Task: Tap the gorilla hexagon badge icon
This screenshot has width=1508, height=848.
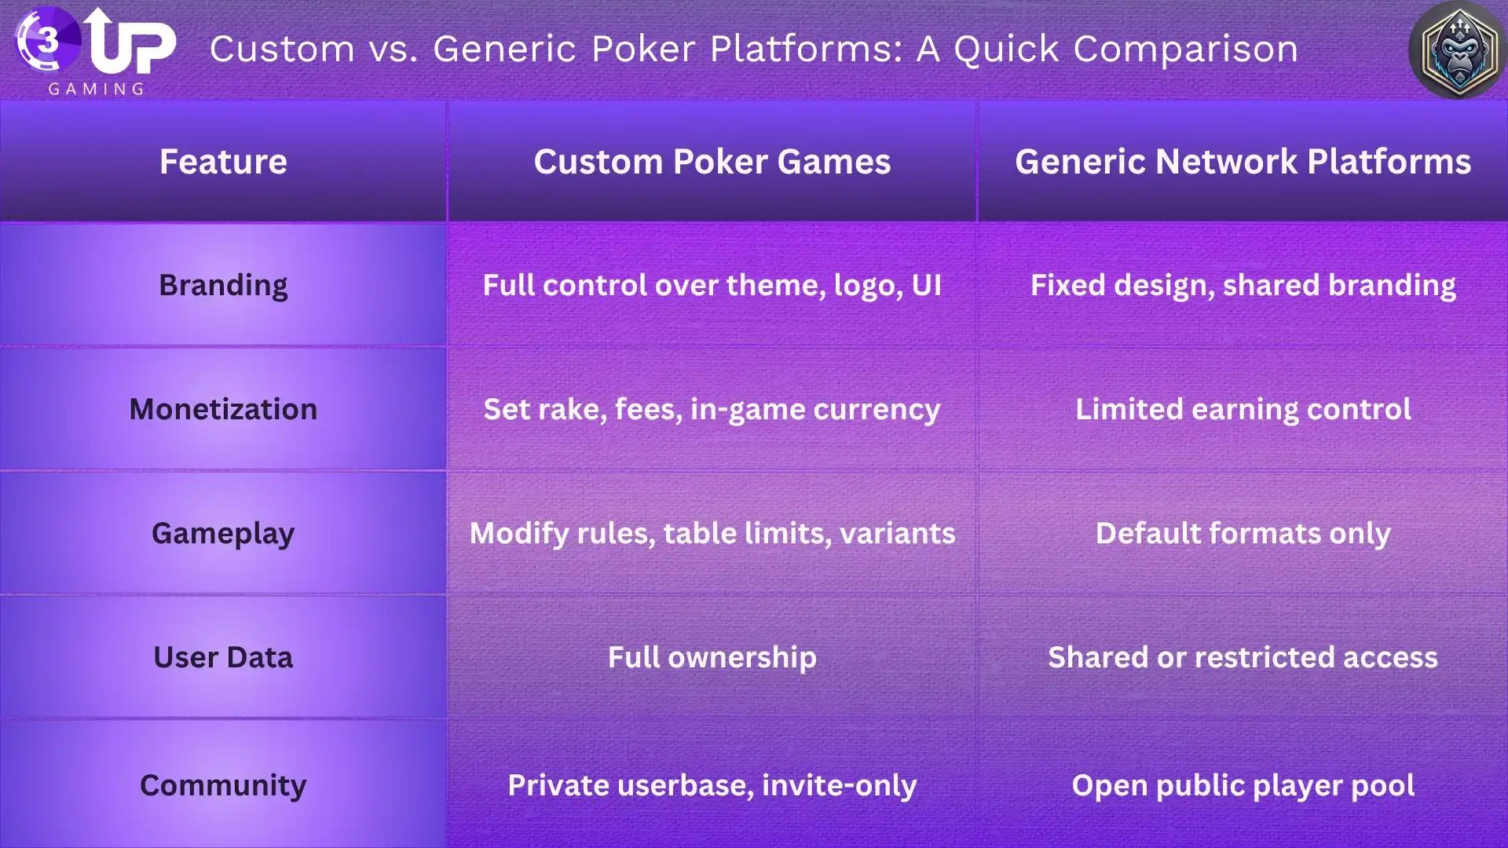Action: tap(1458, 50)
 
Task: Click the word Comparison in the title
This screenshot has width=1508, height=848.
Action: tap(1185, 49)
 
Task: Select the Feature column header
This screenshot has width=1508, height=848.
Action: tap(223, 162)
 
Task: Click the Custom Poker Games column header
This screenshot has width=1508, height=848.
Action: tap(712, 162)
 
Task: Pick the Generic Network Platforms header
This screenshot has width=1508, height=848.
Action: tap(1243, 162)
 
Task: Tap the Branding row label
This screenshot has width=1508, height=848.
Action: tap(223, 285)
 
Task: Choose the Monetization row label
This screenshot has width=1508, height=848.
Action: tap(223, 409)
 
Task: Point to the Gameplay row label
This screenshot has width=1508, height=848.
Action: tap(223, 533)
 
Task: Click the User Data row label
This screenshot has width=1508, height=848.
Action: tap(223, 657)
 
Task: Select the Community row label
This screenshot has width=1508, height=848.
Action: tap(223, 785)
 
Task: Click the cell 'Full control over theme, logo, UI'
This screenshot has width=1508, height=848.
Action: tap(712, 285)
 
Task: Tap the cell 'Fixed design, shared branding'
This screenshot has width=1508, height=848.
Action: tap(1243, 285)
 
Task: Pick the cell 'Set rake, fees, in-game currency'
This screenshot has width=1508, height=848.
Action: tap(712, 409)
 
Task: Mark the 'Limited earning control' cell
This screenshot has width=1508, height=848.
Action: tap(1243, 409)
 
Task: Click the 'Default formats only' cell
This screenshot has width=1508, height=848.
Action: tap(1243, 533)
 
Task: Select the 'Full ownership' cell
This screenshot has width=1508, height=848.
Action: tap(712, 657)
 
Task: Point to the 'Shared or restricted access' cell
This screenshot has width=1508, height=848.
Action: tap(1243, 657)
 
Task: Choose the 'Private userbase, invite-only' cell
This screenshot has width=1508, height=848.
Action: tap(712, 785)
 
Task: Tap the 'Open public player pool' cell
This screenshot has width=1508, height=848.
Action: tap(1243, 785)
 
